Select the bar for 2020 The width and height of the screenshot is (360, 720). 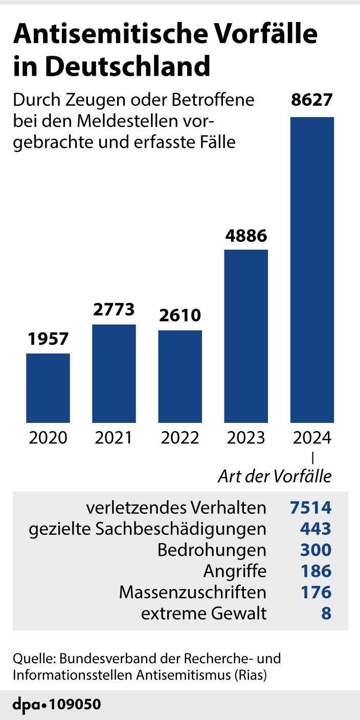pos(48,388)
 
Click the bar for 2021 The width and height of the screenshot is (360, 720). pos(114,373)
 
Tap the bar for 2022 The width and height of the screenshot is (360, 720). pos(180,376)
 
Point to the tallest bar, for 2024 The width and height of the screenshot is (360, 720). pos(312,269)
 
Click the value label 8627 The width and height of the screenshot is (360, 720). pos(312,99)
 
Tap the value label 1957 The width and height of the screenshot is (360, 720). pos(48,339)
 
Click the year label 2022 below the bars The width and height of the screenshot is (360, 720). pos(180,438)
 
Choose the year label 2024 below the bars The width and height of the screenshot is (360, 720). pos(312,438)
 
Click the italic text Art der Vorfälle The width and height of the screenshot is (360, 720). pos(275,477)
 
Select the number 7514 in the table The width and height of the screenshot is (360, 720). pos(310,508)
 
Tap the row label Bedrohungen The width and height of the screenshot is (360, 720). pos(212,550)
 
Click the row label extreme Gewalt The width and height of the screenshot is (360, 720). pos(204,613)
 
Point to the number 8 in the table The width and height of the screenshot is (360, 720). pos(326,613)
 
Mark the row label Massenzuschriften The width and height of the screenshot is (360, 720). pos(193,592)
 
